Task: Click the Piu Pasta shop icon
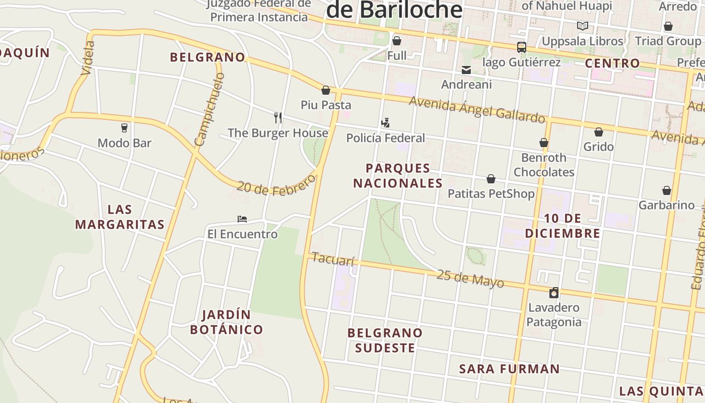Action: point(326,91)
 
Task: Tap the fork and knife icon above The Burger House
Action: point(278,118)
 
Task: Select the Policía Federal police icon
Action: point(385,122)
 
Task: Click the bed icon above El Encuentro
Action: point(242,219)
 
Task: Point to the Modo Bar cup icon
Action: point(124,128)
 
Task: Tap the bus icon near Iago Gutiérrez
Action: point(522,47)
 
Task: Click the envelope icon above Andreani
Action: point(466,70)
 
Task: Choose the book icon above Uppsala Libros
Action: point(583,26)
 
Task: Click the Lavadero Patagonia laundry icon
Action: point(554,293)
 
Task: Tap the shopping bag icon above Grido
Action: point(599,132)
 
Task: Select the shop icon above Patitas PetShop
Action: point(491,179)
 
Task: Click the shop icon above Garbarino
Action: point(667,190)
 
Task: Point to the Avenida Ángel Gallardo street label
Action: point(477,109)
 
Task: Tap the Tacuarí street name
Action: point(333,259)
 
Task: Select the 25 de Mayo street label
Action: point(470,279)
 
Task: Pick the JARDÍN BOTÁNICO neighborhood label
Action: point(227,322)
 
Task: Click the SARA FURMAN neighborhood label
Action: point(509,369)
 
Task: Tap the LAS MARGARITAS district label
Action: point(120,217)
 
